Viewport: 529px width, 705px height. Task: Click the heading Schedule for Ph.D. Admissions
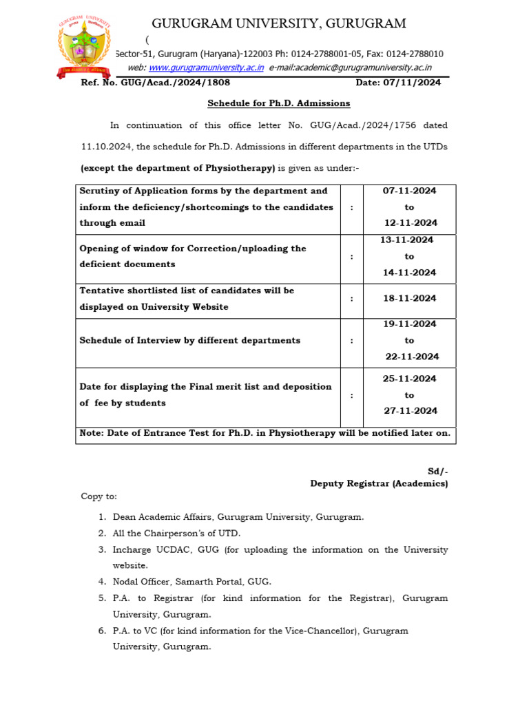click(x=279, y=103)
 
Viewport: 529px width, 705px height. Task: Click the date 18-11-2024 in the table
click(x=409, y=299)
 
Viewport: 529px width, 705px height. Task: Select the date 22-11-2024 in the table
click(x=411, y=357)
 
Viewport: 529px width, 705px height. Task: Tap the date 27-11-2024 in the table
click(x=411, y=411)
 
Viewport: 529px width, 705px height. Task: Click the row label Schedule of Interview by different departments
click(x=190, y=340)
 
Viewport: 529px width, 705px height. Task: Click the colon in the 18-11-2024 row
click(x=351, y=299)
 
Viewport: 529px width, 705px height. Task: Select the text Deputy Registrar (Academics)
click(x=379, y=484)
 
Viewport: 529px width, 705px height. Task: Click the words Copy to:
click(x=99, y=496)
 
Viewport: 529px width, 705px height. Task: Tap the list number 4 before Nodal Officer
click(x=101, y=582)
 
